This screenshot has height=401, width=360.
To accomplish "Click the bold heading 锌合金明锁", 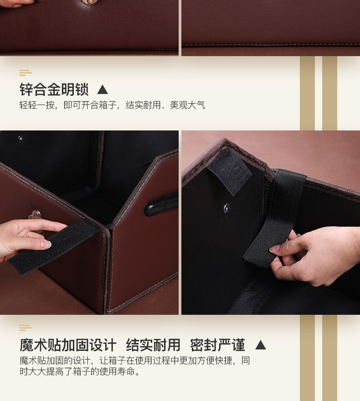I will point(54,89).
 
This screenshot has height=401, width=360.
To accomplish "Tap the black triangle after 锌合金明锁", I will point(103,89).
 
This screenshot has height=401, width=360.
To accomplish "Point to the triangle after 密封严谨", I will point(260,345).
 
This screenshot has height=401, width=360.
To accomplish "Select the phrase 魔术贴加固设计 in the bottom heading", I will point(68,345).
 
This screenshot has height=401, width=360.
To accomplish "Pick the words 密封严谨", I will point(217,345).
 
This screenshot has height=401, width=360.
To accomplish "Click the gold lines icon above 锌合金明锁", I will point(26,73).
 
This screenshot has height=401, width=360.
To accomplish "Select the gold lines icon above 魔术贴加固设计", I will point(26,328).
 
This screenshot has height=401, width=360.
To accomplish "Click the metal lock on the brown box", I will point(35,214).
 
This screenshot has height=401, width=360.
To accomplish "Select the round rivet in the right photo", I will point(226,208).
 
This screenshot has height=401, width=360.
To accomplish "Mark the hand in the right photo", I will point(314,255).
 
